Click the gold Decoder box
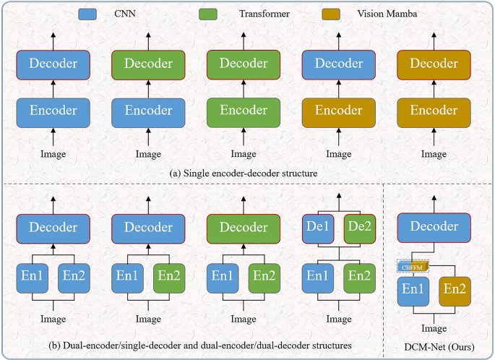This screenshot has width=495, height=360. coord(434,64)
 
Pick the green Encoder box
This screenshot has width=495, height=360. coord(242,111)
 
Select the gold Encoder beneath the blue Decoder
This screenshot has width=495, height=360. coord(338,111)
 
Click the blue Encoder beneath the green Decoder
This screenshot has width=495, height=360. coord(148,111)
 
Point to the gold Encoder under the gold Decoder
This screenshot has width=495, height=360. coord(434,111)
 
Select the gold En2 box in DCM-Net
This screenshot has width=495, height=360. coord(455,291)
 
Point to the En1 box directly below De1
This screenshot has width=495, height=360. coord(318,275)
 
